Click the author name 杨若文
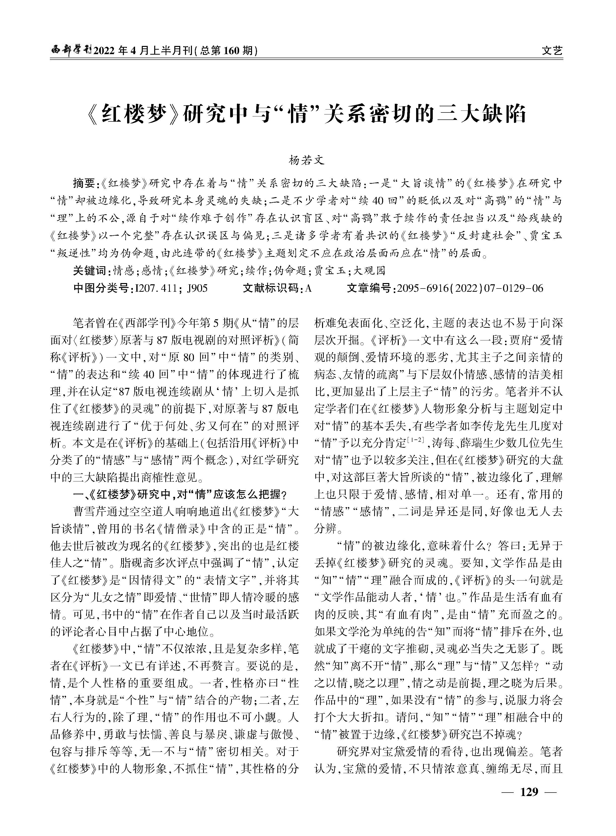pos(307,160)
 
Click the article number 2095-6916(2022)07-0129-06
pos(470,288)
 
